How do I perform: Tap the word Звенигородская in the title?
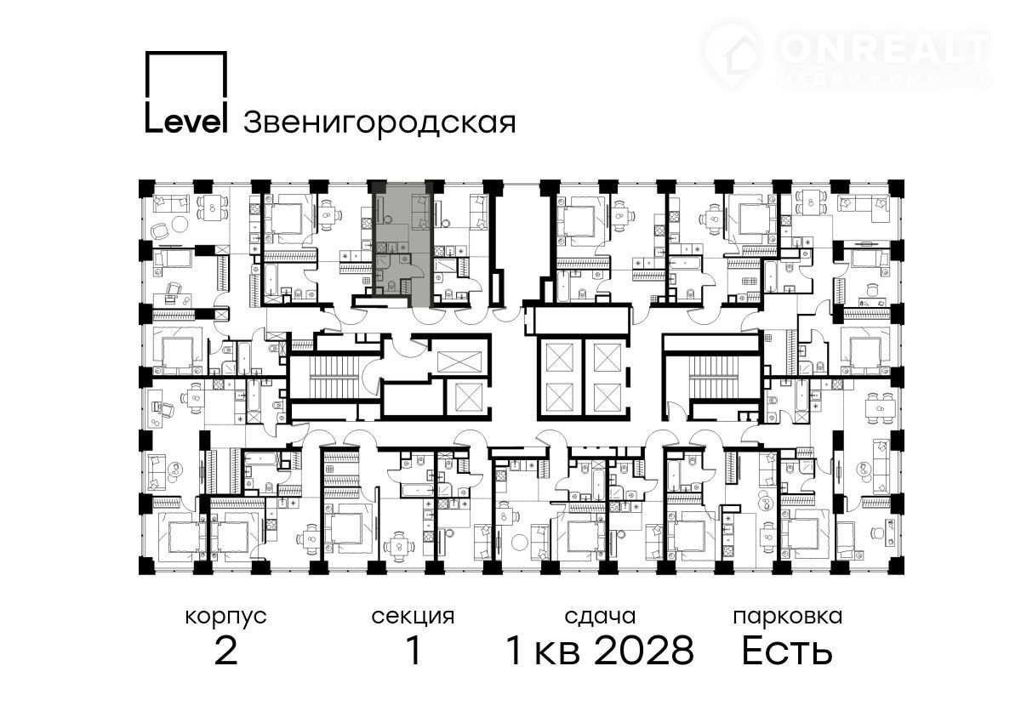[x=379, y=123]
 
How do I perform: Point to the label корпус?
[x=225, y=618]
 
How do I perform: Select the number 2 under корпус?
[x=225, y=652]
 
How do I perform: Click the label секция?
[x=413, y=617]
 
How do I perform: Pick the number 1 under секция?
[x=414, y=652]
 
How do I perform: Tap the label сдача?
[x=600, y=617]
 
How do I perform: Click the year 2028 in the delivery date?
[x=645, y=652]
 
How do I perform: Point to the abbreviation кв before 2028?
[x=557, y=654]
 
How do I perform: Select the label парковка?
[x=788, y=618]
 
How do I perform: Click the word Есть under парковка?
[x=788, y=652]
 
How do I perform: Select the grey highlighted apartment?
[x=401, y=243]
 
